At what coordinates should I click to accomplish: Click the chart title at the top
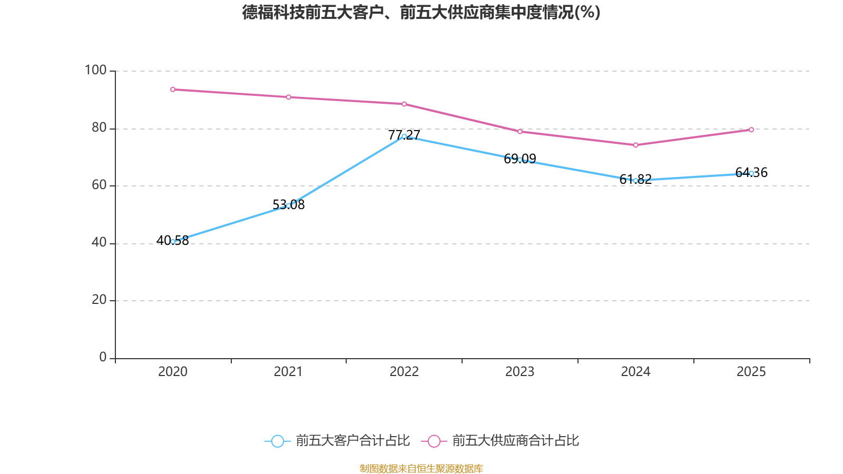pyautogui.click(x=421, y=12)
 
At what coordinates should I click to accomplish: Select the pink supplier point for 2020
pyautogui.click(x=173, y=90)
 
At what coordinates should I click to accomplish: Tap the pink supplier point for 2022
pyautogui.click(x=404, y=104)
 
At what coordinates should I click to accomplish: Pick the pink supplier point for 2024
pyautogui.click(x=635, y=145)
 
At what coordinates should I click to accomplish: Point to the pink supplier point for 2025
pyautogui.click(x=751, y=130)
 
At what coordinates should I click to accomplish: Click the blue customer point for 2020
pyautogui.click(x=173, y=242)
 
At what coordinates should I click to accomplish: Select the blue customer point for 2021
pyautogui.click(x=288, y=205)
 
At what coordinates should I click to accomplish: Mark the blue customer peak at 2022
pyautogui.click(x=404, y=136)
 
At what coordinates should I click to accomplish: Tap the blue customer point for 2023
pyautogui.click(x=520, y=160)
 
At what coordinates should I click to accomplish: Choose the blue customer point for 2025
pyautogui.click(x=751, y=173)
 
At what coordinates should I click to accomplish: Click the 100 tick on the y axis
pyautogui.click(x=95, y=70)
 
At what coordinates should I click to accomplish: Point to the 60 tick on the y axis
pyautogui.click(x=99, y=185)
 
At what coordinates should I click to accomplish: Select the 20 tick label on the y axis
pyautogui.click(x=99, y=300)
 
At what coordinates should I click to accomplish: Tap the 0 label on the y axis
pyautogui.click(x=103, y=357)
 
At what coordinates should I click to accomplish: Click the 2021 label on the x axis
pyautogui.click(x=288, y=372)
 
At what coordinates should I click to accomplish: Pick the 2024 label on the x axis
pyautogui.click(x=635, y=372)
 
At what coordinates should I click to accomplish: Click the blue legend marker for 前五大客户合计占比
pyautogui.click(x=277, y=441)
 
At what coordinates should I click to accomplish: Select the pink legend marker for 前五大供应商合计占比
pyautogui.click(x=434, y=441)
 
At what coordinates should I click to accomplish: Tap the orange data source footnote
pyautogui.click(x=421, y=468)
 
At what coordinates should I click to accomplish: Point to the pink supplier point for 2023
pyautogui.click(x=520, y=132)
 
